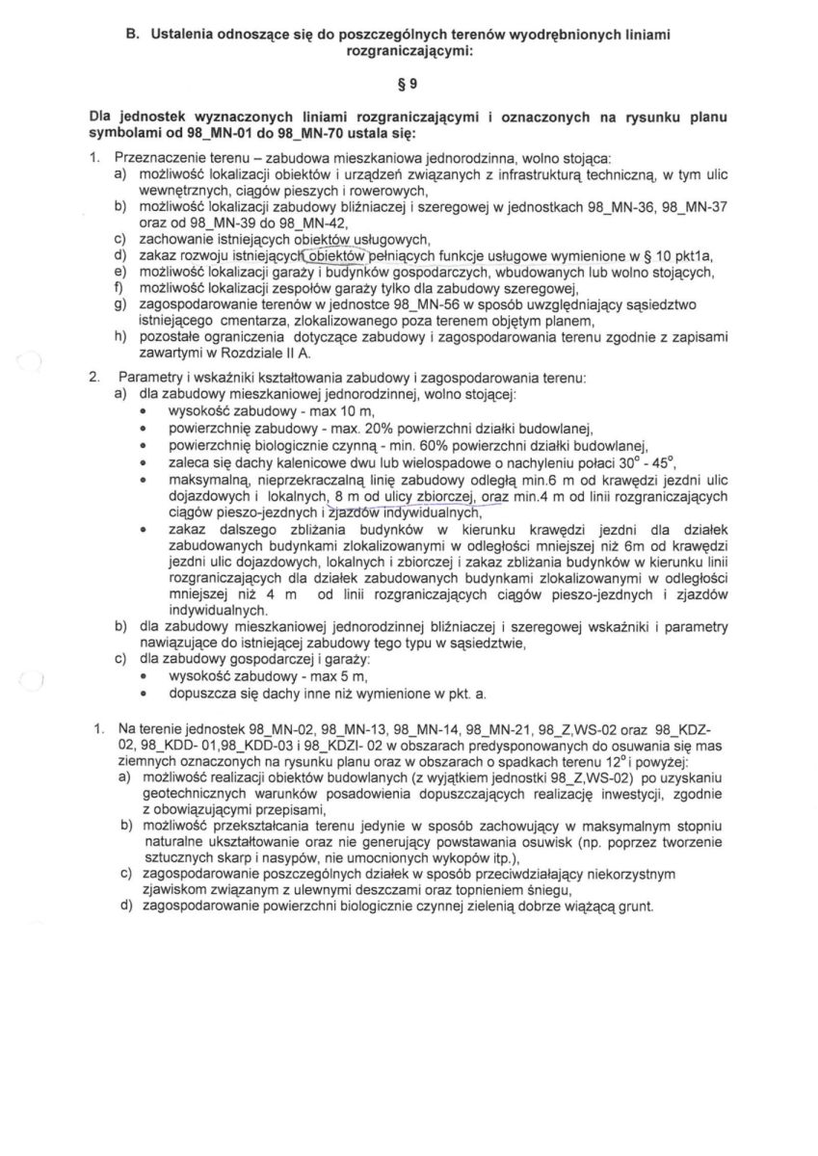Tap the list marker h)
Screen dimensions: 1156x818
[120, 337]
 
